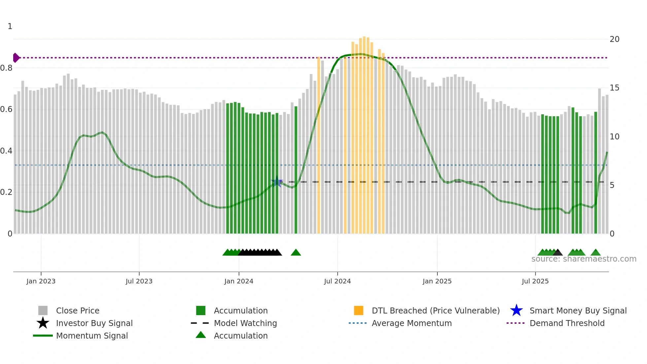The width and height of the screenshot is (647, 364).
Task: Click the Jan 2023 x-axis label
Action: point(41,281)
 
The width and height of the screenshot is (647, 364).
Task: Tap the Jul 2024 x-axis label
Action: point(337,281)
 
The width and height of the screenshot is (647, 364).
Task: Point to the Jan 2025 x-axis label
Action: point(437,281)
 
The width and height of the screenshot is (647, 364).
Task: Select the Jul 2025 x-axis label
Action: point(535,281)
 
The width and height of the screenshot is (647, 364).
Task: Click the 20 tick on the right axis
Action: point(614,39)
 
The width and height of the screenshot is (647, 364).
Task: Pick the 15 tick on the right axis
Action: point(614,88)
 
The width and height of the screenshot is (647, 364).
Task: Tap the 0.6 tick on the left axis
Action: point(6,109)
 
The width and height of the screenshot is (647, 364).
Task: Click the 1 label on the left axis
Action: point(10,26)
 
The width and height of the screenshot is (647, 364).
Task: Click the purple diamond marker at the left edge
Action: point(16,58)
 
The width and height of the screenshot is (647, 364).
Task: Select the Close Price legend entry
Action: point(78,310)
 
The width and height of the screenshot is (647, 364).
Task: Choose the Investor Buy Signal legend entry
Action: point(94,323)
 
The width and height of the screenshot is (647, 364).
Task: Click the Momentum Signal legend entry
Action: point(92,336)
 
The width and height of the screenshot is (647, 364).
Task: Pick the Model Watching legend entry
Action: point(245,323)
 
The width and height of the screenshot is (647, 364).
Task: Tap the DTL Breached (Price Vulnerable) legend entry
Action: point(435,310)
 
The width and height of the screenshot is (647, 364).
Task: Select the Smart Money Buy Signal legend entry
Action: point(578,310)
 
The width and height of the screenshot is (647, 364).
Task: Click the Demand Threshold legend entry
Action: point(567,323)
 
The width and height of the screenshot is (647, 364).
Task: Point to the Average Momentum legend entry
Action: point(412,323)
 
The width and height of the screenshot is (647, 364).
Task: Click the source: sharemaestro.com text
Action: point(584,259)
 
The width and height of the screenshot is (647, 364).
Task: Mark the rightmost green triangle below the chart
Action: point(596,253)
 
